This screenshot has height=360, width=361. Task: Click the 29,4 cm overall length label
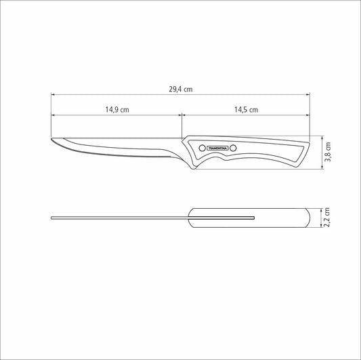(x=180, y=88)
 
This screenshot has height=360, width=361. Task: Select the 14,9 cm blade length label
(x=116, y=109)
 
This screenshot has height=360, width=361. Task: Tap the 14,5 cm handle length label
(x=247, y=109)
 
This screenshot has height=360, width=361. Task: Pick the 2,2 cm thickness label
(x=328, y=218)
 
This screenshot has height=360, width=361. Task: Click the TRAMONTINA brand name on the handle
(x=217, y=147)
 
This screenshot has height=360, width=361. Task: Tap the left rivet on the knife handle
(x=201, y=147)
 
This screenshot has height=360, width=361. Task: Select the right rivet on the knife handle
(x=234, y=147)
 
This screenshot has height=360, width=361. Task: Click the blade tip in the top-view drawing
(x=52, y=218)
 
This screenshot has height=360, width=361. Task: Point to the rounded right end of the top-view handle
(x=312, y=218)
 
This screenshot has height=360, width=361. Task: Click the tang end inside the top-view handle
(x=254, y=218)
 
